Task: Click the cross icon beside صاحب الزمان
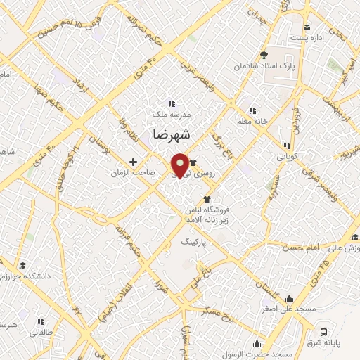[x=134, y=162]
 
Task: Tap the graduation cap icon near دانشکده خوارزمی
[x=22, y=266]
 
